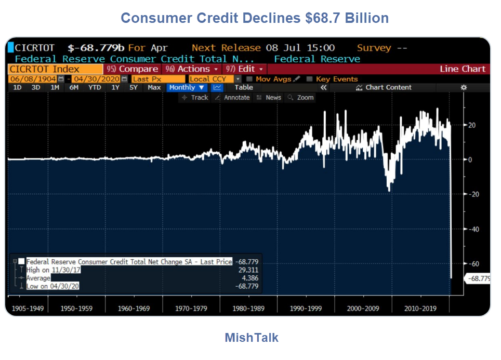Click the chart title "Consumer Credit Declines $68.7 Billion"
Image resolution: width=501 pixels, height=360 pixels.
click(255, 18)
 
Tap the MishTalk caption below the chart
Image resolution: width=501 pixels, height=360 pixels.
click(251, 338)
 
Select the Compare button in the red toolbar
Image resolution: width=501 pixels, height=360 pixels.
click(133, 69)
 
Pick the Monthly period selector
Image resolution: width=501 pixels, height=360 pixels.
click(187, 88)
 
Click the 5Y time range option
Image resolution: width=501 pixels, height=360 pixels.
click(134, 88)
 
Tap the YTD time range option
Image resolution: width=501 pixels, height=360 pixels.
click(95, 88)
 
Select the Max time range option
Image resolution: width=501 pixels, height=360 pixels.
click(154, 88)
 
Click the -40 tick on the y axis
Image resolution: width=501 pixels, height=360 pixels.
click(472, 229)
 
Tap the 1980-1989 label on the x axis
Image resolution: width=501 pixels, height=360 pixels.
click(249, 309)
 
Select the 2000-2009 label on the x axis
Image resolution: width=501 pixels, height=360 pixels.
click(363, 309)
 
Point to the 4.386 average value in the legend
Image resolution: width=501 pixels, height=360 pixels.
click(250, 278)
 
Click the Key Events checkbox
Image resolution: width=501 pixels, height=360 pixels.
click(310, 79)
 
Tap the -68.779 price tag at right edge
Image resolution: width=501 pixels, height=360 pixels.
click(479, 279)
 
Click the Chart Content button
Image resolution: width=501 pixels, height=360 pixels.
click(384, 88)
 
